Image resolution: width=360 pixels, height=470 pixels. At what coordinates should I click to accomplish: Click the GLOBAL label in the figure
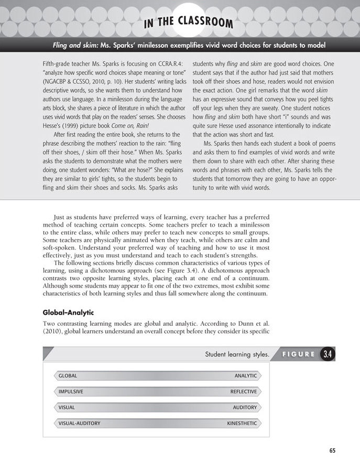68,376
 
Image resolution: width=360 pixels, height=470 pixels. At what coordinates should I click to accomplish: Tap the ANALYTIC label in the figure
246,376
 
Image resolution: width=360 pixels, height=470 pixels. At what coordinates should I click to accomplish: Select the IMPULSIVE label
71,391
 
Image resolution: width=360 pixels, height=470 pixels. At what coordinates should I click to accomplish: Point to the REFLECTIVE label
244,391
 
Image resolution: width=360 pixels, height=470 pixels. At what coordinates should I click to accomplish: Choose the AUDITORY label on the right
245,407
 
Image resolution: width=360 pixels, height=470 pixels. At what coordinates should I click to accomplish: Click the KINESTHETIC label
242,423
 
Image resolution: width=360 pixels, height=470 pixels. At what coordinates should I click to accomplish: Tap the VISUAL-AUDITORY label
79,423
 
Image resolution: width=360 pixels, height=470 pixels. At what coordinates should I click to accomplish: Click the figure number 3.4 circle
328,355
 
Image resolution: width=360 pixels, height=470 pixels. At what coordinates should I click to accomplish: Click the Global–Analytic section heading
68,313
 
